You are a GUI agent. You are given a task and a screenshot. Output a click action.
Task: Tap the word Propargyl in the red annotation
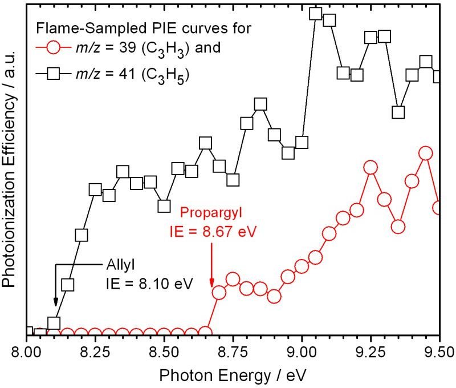coord(211,213)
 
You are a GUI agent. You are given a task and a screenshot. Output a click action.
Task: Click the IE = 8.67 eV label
coord(212,232)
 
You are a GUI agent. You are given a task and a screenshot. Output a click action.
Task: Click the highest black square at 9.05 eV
coord(315,14)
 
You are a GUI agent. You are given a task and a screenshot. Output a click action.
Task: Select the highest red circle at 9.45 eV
coord(425,153)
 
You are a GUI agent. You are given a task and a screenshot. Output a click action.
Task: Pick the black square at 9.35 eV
coord(398,112)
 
